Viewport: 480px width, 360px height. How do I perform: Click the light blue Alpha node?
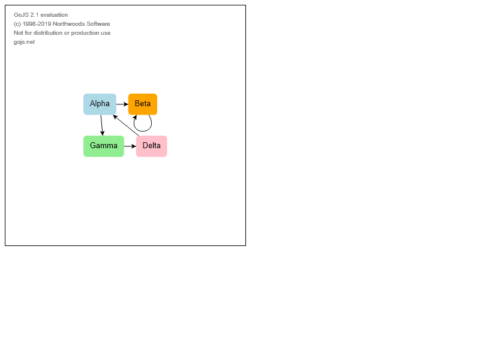[100, 104]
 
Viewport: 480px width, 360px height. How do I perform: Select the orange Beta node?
[143, 104]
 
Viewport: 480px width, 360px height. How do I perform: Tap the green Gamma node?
[104, 146]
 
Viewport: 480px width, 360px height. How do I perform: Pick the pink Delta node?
[152, 146]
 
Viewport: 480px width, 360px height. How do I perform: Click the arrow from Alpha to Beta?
[122, 104]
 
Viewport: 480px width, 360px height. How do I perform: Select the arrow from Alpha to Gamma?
[101, 125]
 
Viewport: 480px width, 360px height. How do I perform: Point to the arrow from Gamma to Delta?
[130, 146]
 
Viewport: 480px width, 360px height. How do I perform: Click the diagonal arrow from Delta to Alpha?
[126, 125]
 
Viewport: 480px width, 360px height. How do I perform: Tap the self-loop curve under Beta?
[143, 131]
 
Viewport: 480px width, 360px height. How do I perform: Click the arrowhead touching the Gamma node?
[102, 133]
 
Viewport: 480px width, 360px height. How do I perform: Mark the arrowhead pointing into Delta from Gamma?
[134, 146]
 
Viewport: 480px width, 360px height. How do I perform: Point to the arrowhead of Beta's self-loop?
[134, 117]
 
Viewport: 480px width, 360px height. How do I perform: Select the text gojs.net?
[24, 42]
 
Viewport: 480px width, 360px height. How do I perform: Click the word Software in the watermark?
[98, 24]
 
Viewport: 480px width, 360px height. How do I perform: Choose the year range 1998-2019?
[37, 24]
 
